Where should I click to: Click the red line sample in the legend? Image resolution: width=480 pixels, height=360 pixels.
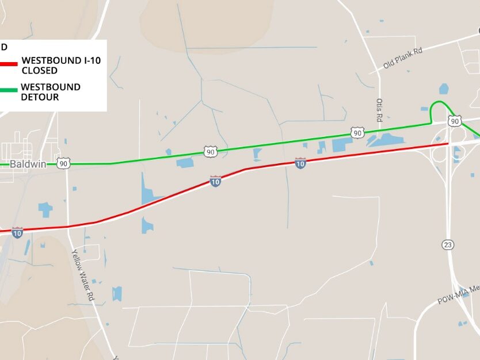(9, 64)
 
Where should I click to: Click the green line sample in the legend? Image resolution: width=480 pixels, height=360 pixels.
(9, 90)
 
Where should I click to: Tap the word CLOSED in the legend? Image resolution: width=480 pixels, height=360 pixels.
(39, 71)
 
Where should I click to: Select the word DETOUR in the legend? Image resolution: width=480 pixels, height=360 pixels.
(40, 97)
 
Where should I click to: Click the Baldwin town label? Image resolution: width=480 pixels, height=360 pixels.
(27, 163)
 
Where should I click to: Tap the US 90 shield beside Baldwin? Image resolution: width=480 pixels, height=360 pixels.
(63, 163)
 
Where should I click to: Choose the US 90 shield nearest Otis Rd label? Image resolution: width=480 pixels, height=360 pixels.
(357, 133)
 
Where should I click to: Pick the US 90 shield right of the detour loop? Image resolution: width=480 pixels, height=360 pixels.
(455, 121)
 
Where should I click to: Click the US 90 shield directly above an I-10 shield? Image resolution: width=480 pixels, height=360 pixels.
(210, 151)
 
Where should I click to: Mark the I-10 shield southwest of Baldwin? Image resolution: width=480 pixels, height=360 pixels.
(17, 232)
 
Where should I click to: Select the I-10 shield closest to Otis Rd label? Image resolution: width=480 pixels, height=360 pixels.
(300, 163)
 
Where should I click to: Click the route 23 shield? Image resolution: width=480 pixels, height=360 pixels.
(448, 244)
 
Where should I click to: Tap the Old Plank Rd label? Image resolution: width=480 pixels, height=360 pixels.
(403, 59)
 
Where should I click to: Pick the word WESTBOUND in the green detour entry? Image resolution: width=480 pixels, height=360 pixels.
(51, 87)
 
